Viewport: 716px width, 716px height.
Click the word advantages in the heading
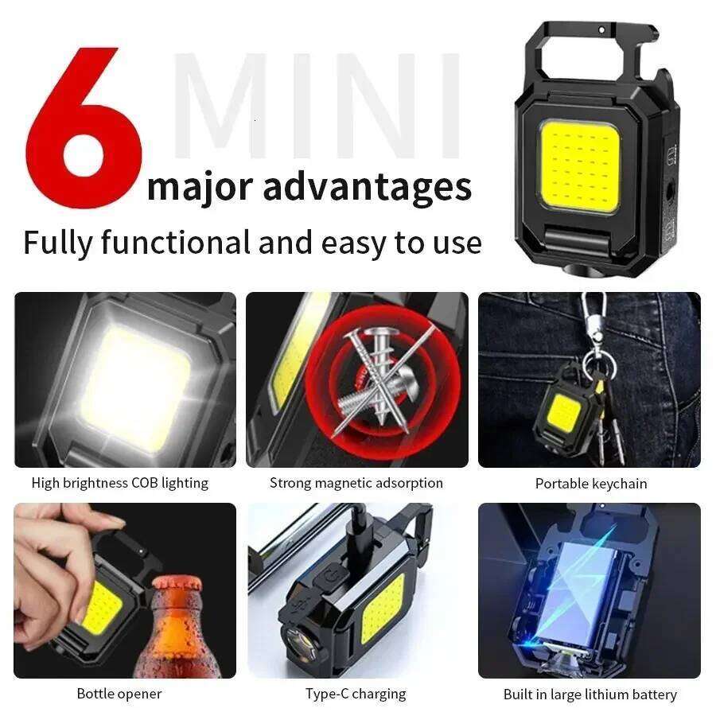pos(367,187)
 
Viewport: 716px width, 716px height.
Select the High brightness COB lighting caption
pos(119,483)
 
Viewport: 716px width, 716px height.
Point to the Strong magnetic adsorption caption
pos(356,483)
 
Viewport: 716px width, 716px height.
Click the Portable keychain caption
pos(590,483)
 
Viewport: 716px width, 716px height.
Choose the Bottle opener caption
pos(119,694)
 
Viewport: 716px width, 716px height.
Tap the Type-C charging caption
pos(356,694)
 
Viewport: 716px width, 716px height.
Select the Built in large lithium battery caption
pos(590,695)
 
